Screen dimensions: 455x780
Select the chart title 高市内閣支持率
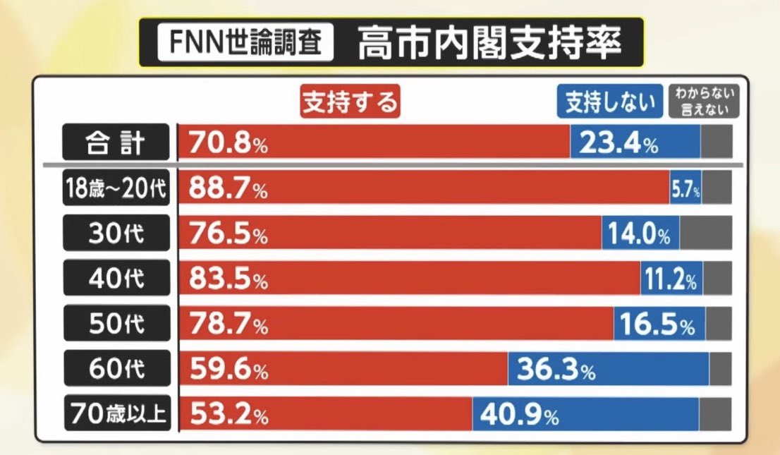489,44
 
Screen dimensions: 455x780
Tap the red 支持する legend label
351,102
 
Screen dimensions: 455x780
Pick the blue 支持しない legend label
610,102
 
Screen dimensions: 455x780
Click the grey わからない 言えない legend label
704,102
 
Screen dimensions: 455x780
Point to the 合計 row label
116,143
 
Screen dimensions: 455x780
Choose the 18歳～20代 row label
116,188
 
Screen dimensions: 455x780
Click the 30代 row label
116,233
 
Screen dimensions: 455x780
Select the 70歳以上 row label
116,413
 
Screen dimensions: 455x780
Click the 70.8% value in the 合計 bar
227,144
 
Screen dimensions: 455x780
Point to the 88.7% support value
227,189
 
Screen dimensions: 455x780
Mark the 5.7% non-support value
685,190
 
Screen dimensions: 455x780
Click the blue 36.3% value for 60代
556,369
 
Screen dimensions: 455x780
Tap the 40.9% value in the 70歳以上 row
519,414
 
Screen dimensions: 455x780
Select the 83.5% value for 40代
227,279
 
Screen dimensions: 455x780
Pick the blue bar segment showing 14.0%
640,233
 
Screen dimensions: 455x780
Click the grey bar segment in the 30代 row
705,233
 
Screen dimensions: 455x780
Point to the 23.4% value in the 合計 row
618,144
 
